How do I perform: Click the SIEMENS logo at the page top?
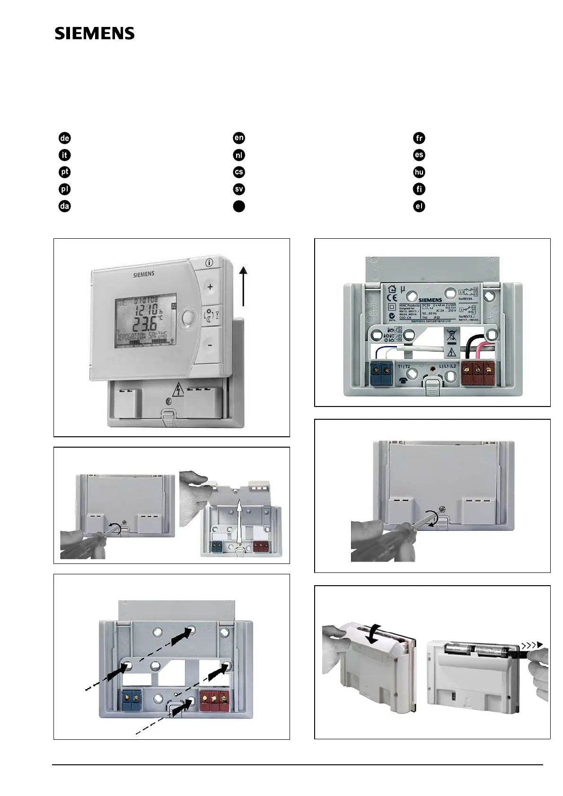pos(95,33)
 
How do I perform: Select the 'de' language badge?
pos(64,138)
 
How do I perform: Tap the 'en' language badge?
pos(239,138)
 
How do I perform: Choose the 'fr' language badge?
pos(419,138)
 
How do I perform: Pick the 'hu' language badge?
pos(419,172)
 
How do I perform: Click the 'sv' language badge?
pos(239,189)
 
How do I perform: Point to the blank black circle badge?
pos(239,206)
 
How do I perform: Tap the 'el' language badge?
pos(419,206)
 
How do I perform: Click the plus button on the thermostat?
pos(210,286)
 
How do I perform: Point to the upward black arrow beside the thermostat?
pos(243,286)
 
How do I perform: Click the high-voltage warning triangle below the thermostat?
pos(178,389)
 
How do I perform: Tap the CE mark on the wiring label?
pos(391,298)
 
